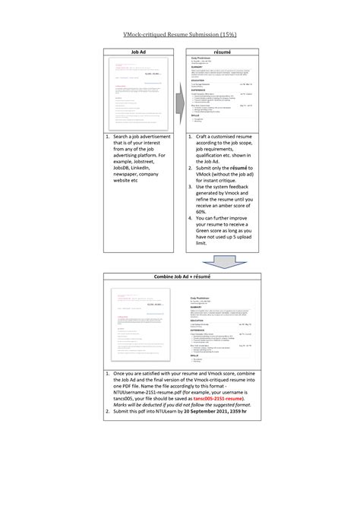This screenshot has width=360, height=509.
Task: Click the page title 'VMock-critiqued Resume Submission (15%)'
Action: click(x=180, y=35)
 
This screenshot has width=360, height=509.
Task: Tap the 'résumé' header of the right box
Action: click(x=222, y=51)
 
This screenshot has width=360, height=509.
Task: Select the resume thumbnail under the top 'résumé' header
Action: click(x=222, y=92)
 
